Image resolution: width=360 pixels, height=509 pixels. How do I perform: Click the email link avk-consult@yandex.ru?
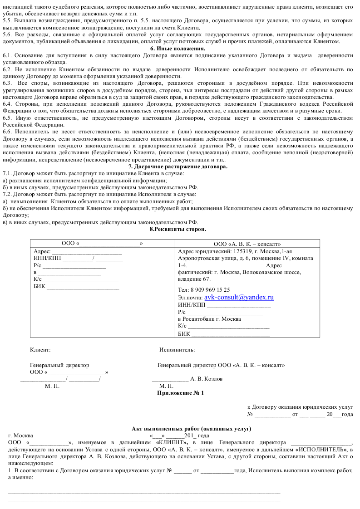point(239,297)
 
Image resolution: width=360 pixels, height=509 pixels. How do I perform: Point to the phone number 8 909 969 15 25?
point(210,289)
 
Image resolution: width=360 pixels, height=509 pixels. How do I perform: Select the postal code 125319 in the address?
point(242,251)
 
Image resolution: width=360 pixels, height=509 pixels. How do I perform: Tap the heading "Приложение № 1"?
point(180,393)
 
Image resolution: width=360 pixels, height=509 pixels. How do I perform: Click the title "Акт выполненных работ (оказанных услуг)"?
point(192,429)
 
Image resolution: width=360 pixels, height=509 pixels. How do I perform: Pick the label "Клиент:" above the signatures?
point(40,350)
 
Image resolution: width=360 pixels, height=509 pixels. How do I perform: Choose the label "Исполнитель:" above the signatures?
point(177,350)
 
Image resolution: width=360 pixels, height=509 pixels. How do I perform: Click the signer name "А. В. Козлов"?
point(206,379)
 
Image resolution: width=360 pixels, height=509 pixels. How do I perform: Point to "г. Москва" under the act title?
point(20,435)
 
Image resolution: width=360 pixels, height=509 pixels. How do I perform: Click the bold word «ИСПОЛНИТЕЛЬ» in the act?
point(320,449)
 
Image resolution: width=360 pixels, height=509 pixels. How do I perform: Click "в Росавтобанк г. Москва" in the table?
point(209,319)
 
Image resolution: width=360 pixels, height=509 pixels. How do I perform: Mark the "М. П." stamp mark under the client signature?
point(52,386)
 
